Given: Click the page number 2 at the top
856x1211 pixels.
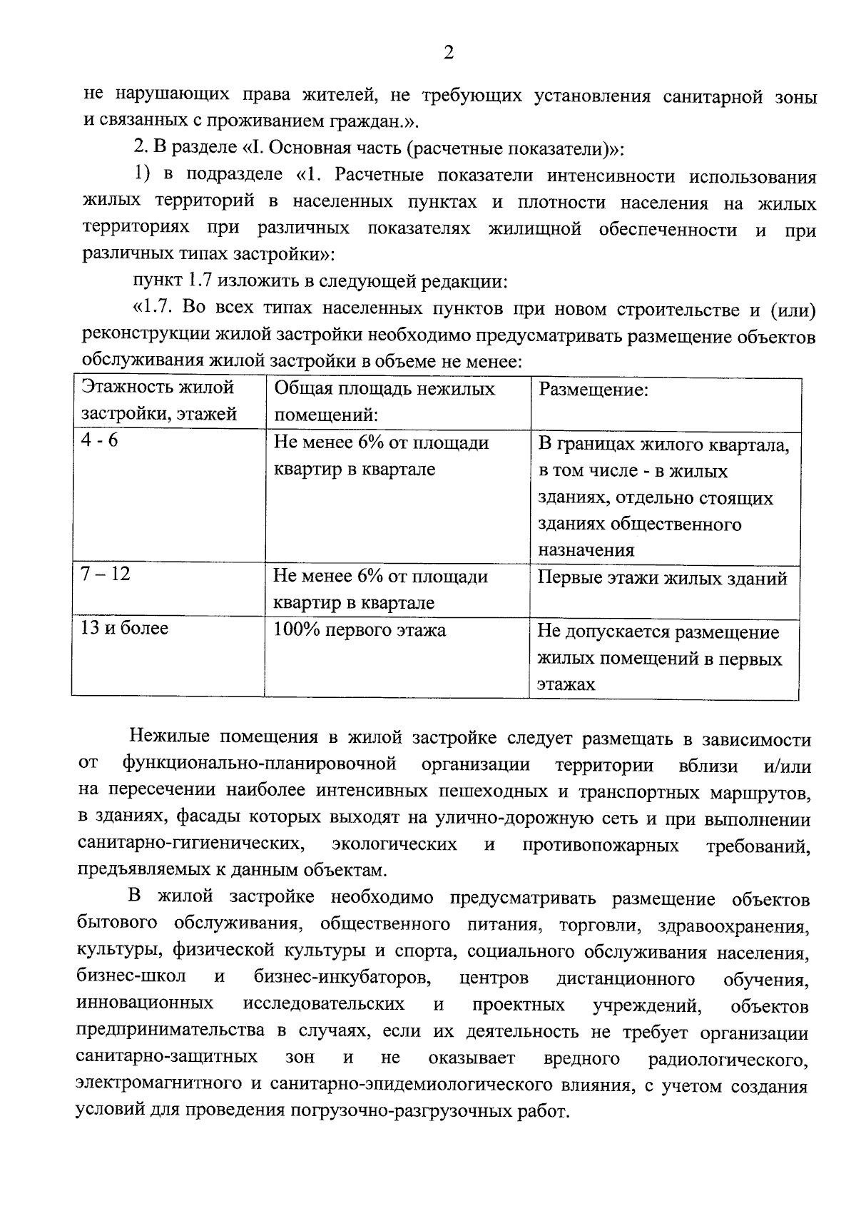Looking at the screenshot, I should pos(448,53).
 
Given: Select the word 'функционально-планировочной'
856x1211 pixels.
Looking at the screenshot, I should pos(260,764).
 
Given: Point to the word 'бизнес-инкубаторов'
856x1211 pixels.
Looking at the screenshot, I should pos(341,977).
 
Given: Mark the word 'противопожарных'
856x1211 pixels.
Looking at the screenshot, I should pos(601,845).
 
